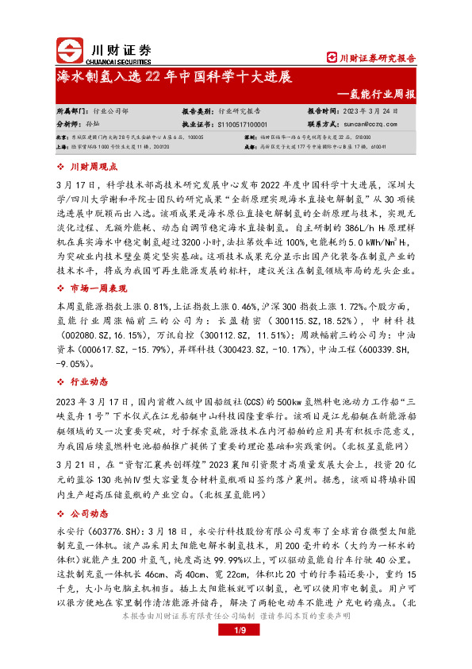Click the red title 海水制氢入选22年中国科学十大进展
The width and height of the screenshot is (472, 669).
(x=175, y=78)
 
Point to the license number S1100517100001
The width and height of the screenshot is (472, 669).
(x=241, y=125)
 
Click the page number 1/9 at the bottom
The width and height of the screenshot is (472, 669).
(x=236, y=653)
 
